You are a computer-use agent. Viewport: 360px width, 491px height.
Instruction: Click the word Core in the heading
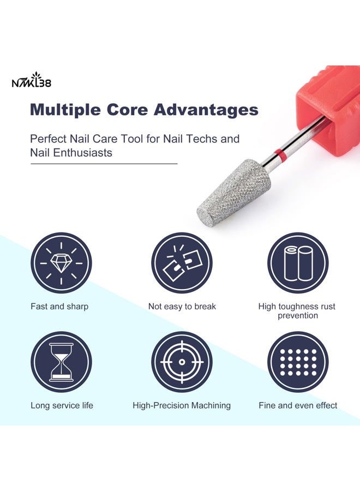click(x=131, y=110)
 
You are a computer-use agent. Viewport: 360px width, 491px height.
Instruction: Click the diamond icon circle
click(x=61, y=263)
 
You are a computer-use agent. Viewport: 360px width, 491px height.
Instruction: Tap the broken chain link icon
click(x=182, y=263)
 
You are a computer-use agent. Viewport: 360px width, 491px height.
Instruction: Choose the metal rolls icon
click(x=298, y=263)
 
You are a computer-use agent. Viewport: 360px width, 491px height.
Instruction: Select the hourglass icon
click(x=61, y=362)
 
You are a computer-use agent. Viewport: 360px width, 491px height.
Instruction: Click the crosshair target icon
click(x=182, y=362)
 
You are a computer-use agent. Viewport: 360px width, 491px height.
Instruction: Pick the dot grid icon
click(x=298, y=362)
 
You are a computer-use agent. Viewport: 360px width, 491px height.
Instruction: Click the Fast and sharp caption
click(x=59, y=307)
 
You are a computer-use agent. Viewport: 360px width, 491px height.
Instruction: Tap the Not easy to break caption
click(x=182, y=307)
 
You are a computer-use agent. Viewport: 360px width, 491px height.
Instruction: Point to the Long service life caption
click(x=62, y=405)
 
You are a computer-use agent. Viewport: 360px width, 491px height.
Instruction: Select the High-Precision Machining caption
click(x=182, y=405)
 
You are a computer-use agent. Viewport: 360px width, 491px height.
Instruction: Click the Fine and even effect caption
click(x=298, y=405)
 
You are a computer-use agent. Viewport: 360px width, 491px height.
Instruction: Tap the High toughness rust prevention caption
click(x=298, y=311)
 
